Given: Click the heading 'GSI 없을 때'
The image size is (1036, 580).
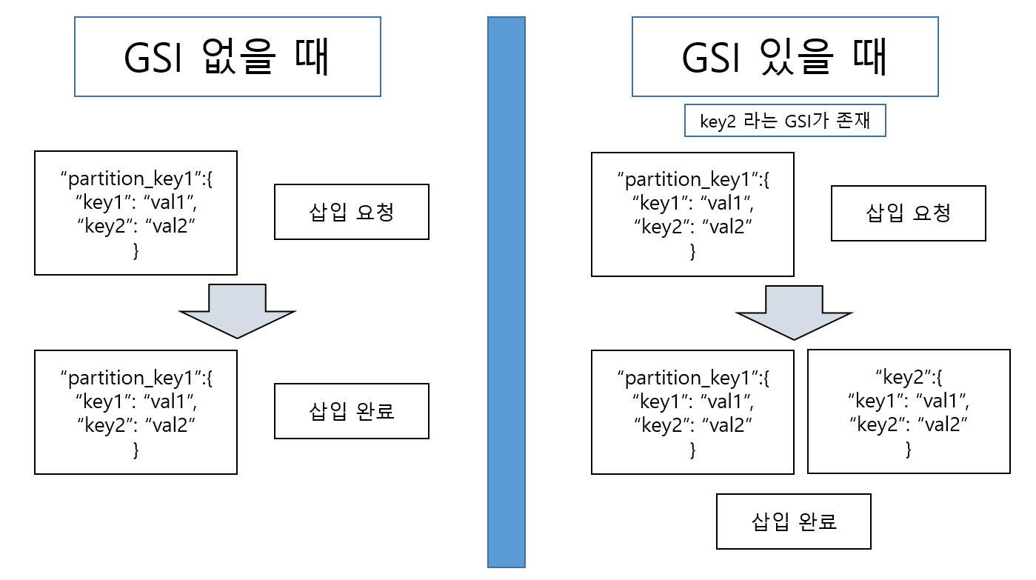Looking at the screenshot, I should [x=227, y=57].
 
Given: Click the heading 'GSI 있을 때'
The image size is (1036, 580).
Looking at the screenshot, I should [x=784, y=57].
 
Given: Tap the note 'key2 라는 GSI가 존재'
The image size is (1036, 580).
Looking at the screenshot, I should [x=784, y=121].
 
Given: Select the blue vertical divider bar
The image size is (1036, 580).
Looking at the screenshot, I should [x=506, y=292].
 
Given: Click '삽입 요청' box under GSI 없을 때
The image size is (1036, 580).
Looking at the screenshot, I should [x=351, y=212].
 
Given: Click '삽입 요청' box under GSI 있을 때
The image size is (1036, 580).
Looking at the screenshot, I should [x=908, y=213].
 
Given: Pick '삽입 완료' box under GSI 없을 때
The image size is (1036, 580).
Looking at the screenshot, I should [x=351, y=410].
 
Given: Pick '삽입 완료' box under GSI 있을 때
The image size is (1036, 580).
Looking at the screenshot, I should [x=793, y=521].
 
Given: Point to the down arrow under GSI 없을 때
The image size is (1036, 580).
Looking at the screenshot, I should [x=237, y=310].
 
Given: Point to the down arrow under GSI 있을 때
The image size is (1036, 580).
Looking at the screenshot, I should [x=794, y=312].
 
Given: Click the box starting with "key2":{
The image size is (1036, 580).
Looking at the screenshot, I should [x=909, y=411].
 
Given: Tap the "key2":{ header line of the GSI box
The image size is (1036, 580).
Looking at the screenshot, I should [x=909, y=378].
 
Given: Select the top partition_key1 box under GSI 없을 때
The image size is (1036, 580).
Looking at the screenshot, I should [x=136, y=213].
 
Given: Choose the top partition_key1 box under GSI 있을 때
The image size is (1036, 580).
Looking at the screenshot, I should [x=692, y=214].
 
